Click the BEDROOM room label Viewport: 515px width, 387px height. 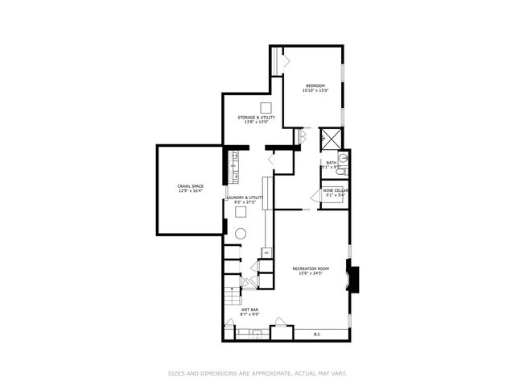coord(315,86)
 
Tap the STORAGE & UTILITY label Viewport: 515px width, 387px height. coord(257,118)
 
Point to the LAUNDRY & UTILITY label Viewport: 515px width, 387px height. coord(245,198)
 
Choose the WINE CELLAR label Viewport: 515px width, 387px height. coord(335,193)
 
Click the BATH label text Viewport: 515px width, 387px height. coord(331,163)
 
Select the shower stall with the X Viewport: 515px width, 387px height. coord(331,138)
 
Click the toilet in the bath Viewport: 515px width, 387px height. coord(340,171)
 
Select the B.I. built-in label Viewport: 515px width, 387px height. coord(317,333)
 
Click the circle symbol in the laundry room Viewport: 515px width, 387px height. coord(241,234)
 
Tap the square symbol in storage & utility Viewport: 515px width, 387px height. coord(266,109)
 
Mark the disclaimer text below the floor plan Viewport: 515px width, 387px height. coord(257,373)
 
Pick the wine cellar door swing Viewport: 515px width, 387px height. coord(316,197)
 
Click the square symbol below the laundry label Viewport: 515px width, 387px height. coord(241,212)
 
